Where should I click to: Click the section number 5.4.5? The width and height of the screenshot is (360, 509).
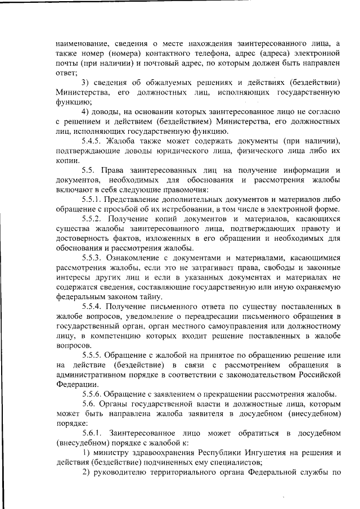point(94,140)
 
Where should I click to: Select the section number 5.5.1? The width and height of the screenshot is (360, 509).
point(94,199)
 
